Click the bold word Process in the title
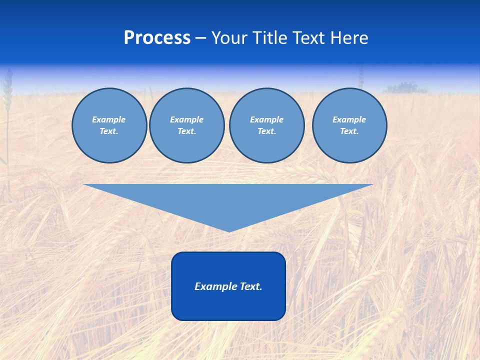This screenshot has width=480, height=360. [x=157, y=38]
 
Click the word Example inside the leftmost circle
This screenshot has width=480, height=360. [x=109, y=119]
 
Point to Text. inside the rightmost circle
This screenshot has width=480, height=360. [x=349, y=131]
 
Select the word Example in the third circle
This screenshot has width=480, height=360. [x=267, y=119]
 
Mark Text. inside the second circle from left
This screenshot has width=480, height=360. [x=187, y=131]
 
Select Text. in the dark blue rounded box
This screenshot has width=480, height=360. [x=251, y=286]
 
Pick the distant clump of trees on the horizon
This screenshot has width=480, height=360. [x=406, y=88]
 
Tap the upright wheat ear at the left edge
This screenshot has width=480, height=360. [x=7, y=92]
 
